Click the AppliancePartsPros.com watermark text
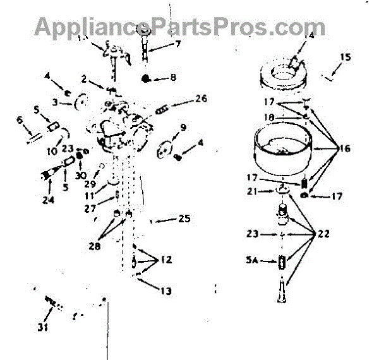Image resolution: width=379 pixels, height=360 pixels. (180, 27)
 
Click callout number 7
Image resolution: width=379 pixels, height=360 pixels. (178, 44)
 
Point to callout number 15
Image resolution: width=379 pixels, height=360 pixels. (345, 57)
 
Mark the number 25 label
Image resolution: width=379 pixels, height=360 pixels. (184, 219)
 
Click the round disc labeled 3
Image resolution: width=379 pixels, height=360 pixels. (81, 101)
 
